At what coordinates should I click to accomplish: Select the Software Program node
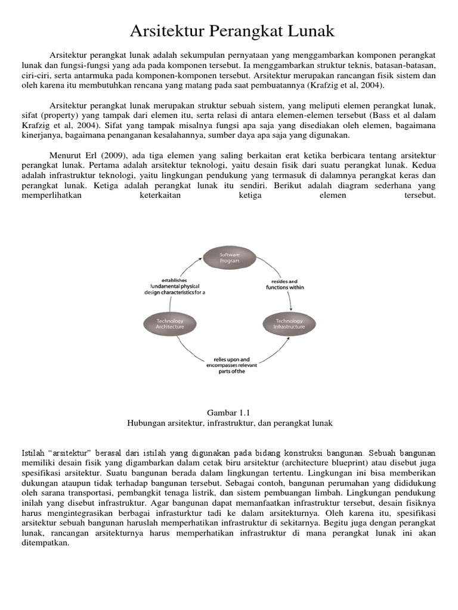click(230, 257)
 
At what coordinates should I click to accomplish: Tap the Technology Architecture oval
click(170, 323)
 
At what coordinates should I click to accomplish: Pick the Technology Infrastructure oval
click(289, 323)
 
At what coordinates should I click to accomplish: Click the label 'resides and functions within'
click(285, 284)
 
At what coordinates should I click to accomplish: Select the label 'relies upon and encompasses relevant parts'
click(230, 365)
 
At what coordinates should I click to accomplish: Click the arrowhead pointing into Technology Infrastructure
click(290, 309)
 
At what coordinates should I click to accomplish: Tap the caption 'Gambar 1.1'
click(230, 412)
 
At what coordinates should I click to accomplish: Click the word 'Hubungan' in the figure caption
click(146, 423)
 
